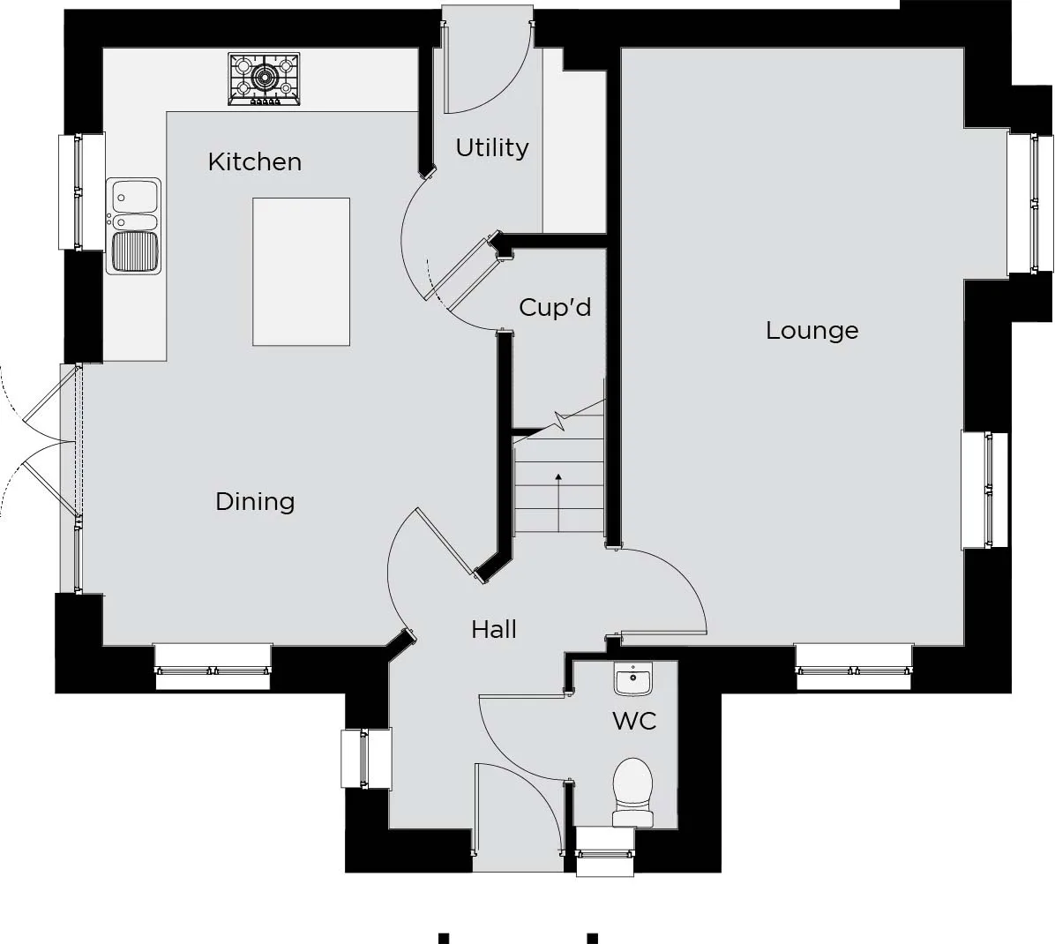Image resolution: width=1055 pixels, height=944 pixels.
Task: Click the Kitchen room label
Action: tap(254, 161)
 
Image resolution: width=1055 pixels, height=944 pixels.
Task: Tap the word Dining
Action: tap(255, 502)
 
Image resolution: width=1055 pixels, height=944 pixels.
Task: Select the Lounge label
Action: tap(812, 330)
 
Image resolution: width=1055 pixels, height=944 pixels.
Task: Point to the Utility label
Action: tap(492, 148)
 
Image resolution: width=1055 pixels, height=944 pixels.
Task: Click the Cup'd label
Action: tap(555, 308)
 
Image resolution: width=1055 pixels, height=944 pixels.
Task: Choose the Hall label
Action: tap(494, 630)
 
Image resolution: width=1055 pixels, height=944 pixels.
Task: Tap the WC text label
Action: tap(634, 722)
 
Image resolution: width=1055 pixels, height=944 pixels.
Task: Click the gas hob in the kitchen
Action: tap(264, 79)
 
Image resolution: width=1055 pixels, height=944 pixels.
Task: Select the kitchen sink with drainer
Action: tap(134, 226)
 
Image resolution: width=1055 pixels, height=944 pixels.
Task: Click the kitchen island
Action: tap(302, 272)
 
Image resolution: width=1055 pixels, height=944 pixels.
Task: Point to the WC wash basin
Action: tap(632, 678)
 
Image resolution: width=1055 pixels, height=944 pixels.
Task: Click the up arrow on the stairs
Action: tap(558, 502)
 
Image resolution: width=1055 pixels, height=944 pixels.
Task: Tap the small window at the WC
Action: tap(605, 852)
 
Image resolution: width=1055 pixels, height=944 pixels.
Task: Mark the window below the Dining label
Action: tap(213, 668)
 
